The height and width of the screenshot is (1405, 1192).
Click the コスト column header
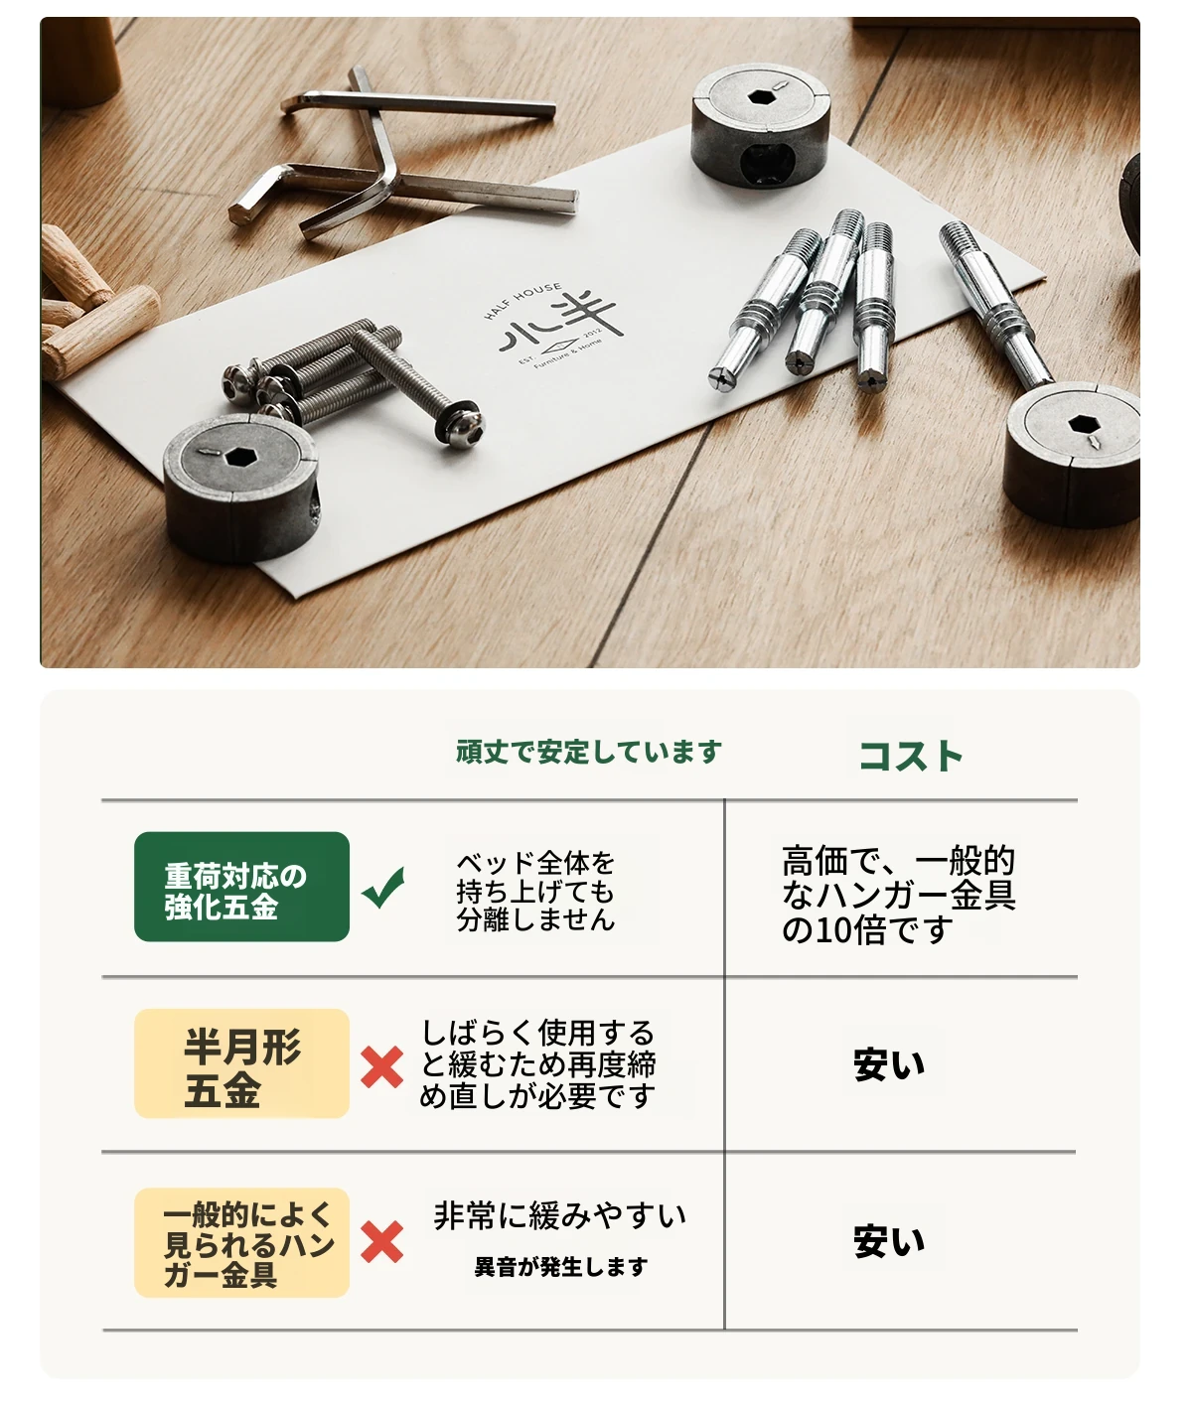click(911, 756)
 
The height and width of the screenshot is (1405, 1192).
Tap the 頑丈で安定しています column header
click(588, 752)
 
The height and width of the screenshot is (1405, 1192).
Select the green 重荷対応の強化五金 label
click(241, 887)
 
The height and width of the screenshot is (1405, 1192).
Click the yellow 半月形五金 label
click(241, 1063)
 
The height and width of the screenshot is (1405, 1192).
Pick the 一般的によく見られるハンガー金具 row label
click(241, 1242)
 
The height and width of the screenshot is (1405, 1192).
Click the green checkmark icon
click(382, 888)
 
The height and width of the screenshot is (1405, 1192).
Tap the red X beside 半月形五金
click(382, 1067)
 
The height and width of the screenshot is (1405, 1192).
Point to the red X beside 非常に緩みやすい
click(382, 1242)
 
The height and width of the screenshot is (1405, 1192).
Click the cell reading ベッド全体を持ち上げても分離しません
click(535, 891)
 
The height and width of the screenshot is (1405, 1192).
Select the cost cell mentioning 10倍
click(898, 896)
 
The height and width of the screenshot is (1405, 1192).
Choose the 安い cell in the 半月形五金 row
click(889, 1064)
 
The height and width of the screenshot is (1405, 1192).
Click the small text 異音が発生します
click(561, 1267)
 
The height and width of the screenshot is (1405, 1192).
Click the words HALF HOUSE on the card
click(521, 300)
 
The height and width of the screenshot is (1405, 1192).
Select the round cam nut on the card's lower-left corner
click(241, 487)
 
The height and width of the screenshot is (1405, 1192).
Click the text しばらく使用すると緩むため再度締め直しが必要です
click(537, 1064)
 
